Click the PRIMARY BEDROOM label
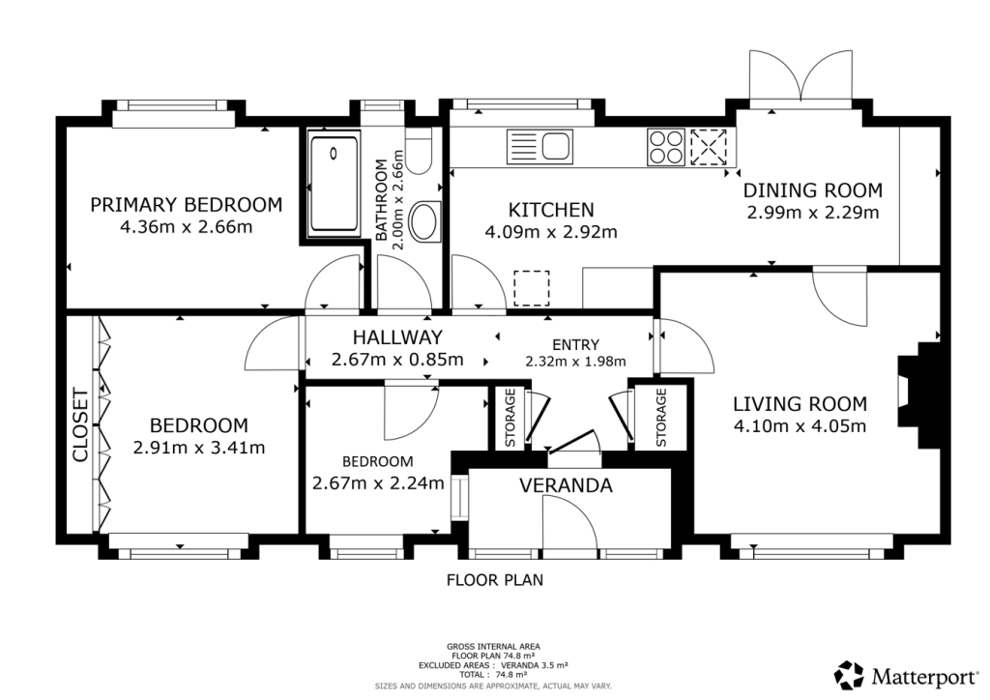[187, 205]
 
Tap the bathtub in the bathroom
[334, 184]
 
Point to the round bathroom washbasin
[425, 221]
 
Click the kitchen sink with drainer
[539, 147]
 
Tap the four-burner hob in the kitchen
[665, 147]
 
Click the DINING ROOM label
[812, 190]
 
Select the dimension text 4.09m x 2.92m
[550, 232]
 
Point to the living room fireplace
[919, 395]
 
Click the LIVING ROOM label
[800, 404]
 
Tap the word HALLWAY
[397, 337]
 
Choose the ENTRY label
[575, 344]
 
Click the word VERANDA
[566, 485]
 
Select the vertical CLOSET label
[81, 425]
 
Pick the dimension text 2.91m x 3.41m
[199, 448]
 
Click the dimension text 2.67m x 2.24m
[378, 483]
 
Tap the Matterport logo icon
[849, 676]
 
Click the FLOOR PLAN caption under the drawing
[495, 579]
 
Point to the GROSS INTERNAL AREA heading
[493, 647]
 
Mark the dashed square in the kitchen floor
[532, 288]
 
